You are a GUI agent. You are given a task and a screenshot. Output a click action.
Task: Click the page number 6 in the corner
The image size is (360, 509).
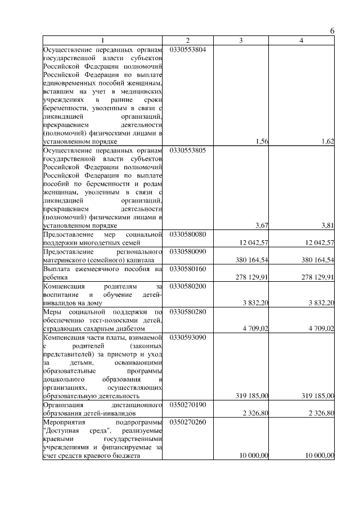tap(332, 31)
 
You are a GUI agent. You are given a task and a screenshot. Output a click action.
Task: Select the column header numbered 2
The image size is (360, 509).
tap(188, 40)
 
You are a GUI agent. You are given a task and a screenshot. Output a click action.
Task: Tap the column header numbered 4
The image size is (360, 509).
tap(301, 40)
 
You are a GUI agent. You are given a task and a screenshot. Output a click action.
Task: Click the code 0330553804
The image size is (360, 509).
tap(187, 49)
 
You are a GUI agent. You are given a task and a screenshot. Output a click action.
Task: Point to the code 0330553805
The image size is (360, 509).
tap(187, 151)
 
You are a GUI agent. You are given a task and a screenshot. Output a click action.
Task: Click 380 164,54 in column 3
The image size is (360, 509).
tap(251, 260)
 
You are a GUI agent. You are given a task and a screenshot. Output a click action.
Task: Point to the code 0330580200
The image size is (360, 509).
tap(187, 286)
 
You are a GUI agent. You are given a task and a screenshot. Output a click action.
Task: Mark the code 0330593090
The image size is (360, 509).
tap(187, 337)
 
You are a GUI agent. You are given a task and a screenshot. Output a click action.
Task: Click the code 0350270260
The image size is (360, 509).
tap(187, 422)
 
